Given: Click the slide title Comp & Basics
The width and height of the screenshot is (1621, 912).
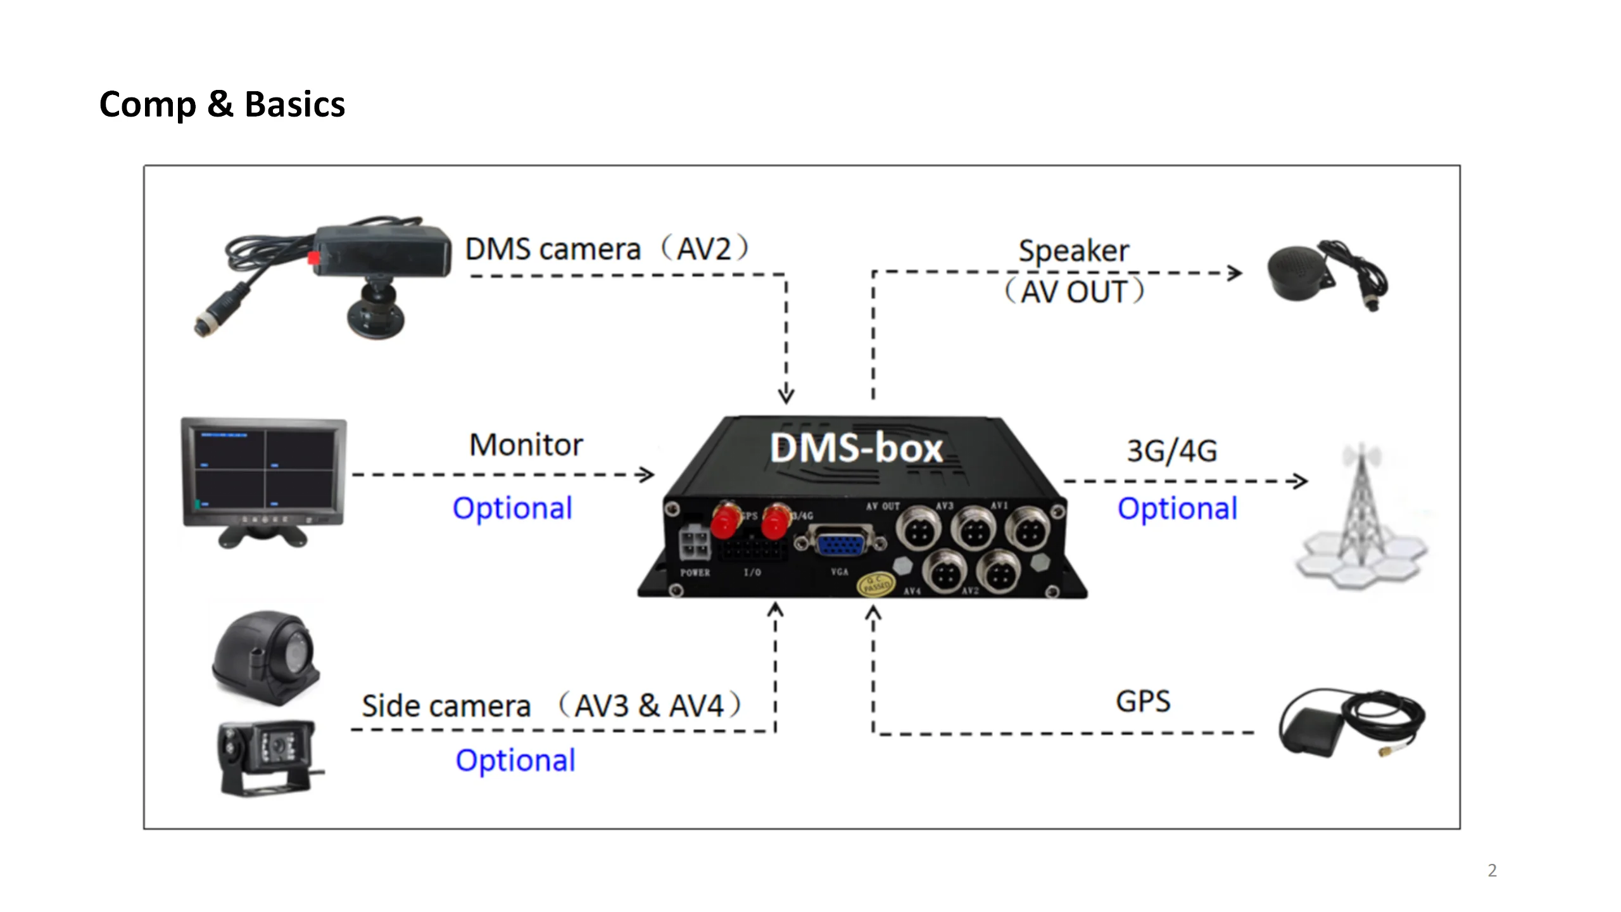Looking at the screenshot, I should pyautogui.click(x=222, y=104).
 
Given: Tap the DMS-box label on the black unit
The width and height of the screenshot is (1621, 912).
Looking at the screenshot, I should pyautogui.click(x=856, y=448).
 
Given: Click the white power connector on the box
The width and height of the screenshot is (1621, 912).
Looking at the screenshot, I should pyautogui.click(x=695, y=544).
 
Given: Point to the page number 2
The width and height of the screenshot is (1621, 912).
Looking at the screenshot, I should pyautogui.click(x=1492, y=870).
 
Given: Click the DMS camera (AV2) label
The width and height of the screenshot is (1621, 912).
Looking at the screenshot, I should pyautogui.click(x=607, y=248).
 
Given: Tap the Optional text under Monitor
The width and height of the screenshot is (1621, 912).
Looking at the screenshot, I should pyautogui.click(x=512, y=508).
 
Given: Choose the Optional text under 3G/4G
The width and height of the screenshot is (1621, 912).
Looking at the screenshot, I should pyautogui.click(x=1177, y=508).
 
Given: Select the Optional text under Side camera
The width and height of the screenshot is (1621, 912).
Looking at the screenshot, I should pyautogui.click(x=515, y=760).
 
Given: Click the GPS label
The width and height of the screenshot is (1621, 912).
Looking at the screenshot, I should pyautogui.click(x=1142, y=701).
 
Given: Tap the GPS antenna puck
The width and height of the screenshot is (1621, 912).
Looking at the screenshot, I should pyautogui.click(x=1311, y=730).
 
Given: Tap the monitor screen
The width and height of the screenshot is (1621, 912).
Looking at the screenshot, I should pyautogui.click(x=264, y=469).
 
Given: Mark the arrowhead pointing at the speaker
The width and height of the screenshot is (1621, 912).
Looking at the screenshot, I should pyautogui.click(x=1235, y=273).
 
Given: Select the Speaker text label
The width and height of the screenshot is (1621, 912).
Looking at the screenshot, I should pyautogui.click(x=1073, y=251).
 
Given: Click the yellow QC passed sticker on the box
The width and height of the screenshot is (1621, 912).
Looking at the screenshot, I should pyautogui.click(x=874, y=584).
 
